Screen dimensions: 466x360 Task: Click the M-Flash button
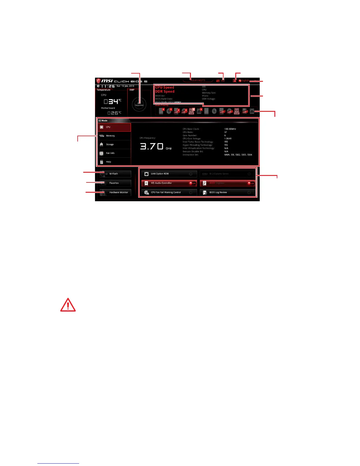115,174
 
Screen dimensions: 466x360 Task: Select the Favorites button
115,183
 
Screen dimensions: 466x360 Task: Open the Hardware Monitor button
115,192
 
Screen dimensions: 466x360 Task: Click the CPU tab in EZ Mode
114,127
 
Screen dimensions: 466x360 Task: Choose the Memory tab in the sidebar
114,136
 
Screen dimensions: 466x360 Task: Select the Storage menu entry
114,144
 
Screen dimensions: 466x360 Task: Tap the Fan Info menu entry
114,153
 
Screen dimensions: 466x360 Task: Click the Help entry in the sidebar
114,162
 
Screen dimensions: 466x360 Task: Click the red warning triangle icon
68,305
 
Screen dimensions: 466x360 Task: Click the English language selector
244,81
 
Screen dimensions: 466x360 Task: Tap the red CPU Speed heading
164,87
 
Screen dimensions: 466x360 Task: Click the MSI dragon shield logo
99,81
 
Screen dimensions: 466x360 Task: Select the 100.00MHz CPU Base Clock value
230,129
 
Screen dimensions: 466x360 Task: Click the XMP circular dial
139,104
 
